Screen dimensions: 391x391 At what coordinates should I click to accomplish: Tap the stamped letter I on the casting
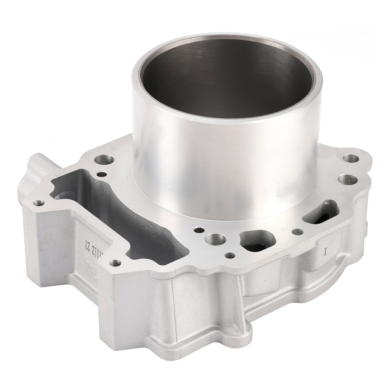coord(326,252)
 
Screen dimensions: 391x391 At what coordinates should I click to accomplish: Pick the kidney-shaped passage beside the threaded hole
coord(258,240)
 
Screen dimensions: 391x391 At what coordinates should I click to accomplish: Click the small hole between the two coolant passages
coord(297,231)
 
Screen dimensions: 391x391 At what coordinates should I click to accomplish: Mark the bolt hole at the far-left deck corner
coord(38,203)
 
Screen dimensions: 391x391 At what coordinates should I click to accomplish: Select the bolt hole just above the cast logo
coord(115,263)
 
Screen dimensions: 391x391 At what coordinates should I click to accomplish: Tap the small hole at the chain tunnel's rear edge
coord(102,174)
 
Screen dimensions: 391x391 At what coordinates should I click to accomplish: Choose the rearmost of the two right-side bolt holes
coord(351,158)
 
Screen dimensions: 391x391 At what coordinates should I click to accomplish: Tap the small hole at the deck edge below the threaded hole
coord(229,255)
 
